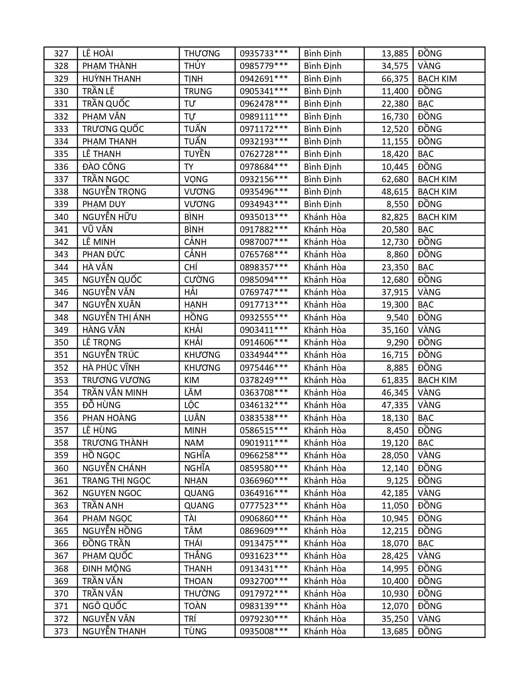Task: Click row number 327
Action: (61, 54)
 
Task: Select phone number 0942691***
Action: (264, 79)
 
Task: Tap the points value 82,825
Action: (395, 217)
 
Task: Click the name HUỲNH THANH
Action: (111, 79)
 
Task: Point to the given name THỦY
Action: (195, 66)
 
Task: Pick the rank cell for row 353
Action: (437, 380)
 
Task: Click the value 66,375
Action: (395, 79)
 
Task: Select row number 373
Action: (61, 631)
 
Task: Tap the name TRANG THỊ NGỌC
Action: (116, 481)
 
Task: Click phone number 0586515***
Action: (264, 431)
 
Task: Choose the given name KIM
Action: (192, 380)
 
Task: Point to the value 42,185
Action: (395, 493)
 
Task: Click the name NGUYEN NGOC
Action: (112, 493)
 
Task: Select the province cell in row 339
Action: (323, 204)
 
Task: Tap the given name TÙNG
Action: (195, 631)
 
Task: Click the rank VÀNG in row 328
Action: (429, 66)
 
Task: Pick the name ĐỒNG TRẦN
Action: (106, 543)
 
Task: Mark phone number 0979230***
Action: (264, 619)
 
